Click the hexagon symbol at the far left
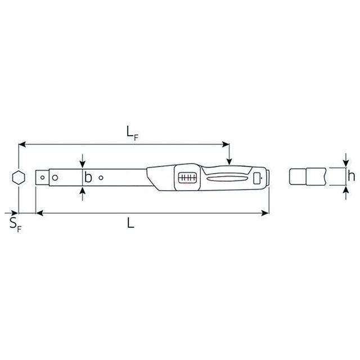(x=19, y=178)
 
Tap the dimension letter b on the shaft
(x=88, y=178)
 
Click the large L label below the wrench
(x=130, y=223)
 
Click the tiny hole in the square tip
(x=43, y=177)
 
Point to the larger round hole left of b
(x=55, y=178)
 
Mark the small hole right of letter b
(x=101, y=178)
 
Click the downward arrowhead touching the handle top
(x=229, y=163)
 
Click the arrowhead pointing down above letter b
(x=83, y=165)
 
